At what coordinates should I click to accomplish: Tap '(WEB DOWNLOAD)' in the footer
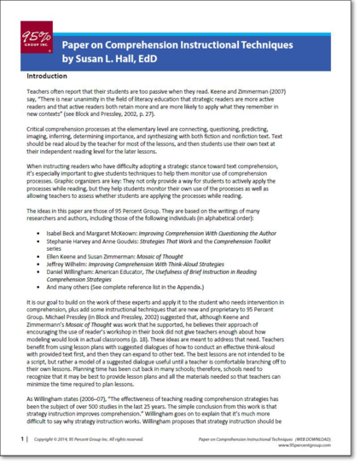pyautogui.click(x=314, y=438)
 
